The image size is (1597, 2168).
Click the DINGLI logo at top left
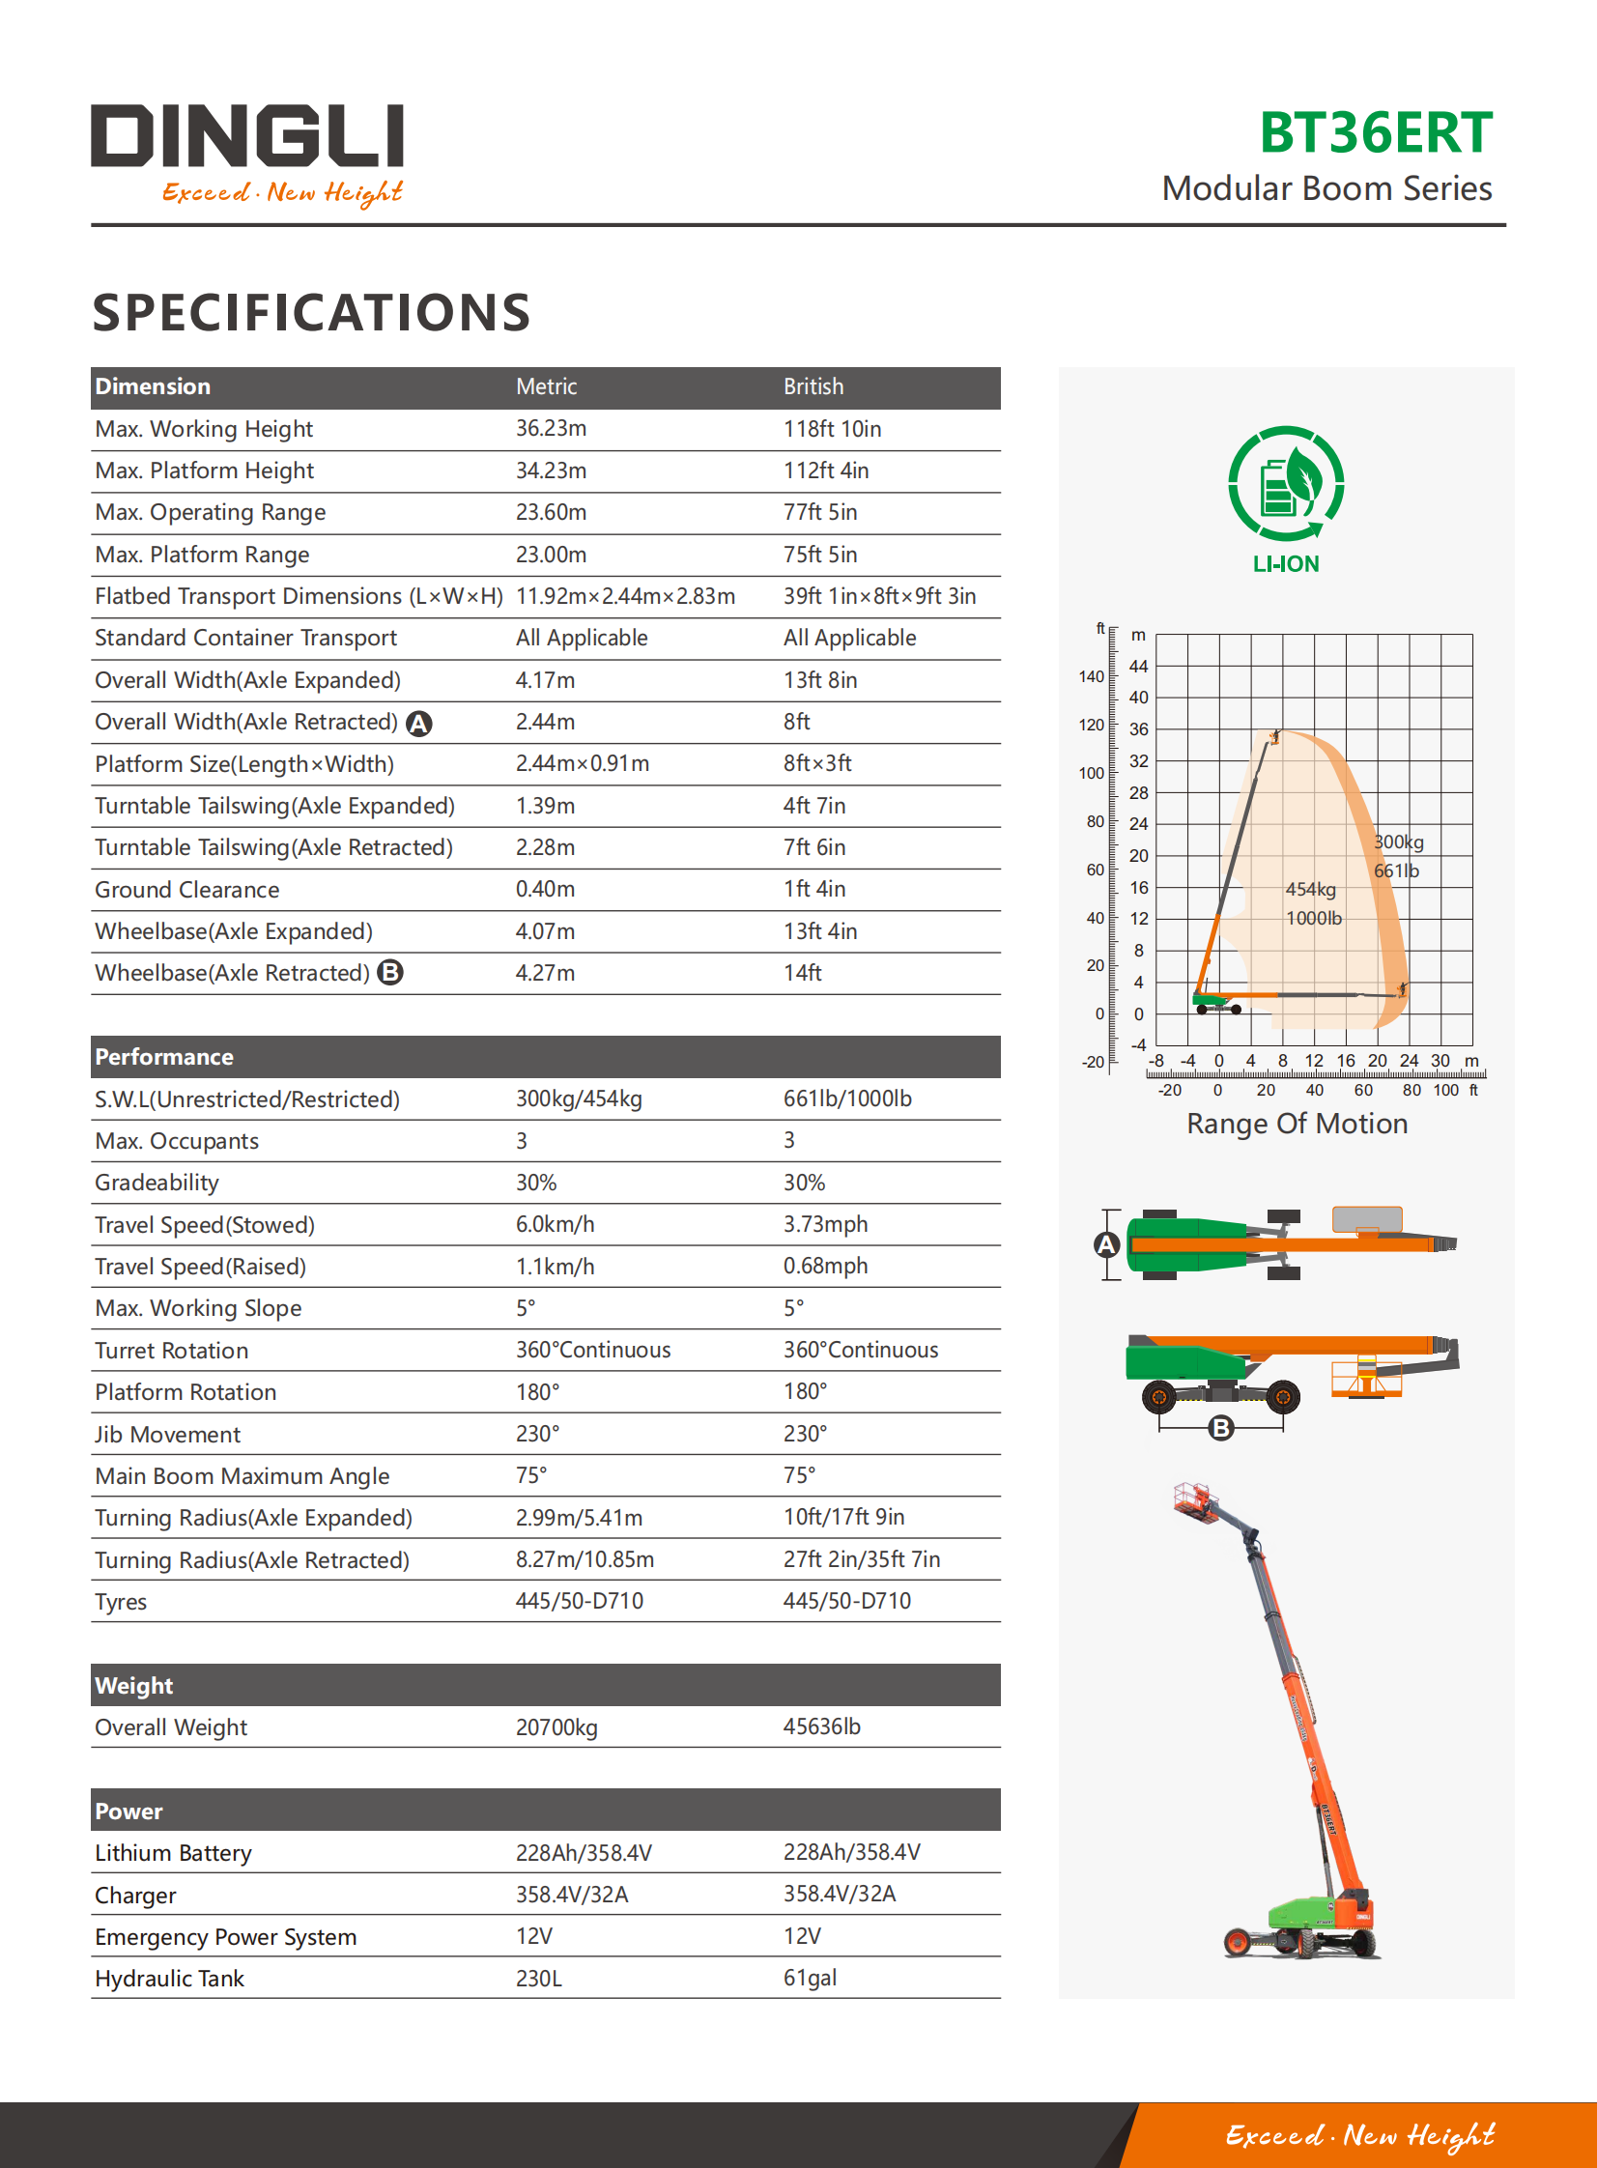pos(247,136)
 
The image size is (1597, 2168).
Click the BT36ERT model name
pos(1375,133)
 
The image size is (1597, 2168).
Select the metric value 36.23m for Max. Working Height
pos(550,428)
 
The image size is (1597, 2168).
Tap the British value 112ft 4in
pos(826,471)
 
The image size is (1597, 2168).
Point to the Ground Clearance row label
pos(186,889)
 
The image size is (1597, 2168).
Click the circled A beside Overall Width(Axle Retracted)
pos(418,723)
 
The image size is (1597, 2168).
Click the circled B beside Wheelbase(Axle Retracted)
pos(389,972)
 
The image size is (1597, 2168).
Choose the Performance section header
pos(164,1056)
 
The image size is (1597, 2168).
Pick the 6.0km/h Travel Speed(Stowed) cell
pos(554,1225)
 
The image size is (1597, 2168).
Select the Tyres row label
pos(121,1602)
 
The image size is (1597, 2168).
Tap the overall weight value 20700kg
pos(556,1727)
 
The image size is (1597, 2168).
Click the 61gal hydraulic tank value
pos(810,1979)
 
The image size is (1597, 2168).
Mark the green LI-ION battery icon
pos(1286,484)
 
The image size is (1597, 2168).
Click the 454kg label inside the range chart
pos(1310,889)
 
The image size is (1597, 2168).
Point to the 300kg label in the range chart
pos(1399,842)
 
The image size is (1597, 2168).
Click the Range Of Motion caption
pos(1297,1124)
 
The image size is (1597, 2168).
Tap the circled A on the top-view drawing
pos(1107,1245)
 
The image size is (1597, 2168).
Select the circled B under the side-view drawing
pos(1221,1428)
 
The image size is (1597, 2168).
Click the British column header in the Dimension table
pos(813,386)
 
